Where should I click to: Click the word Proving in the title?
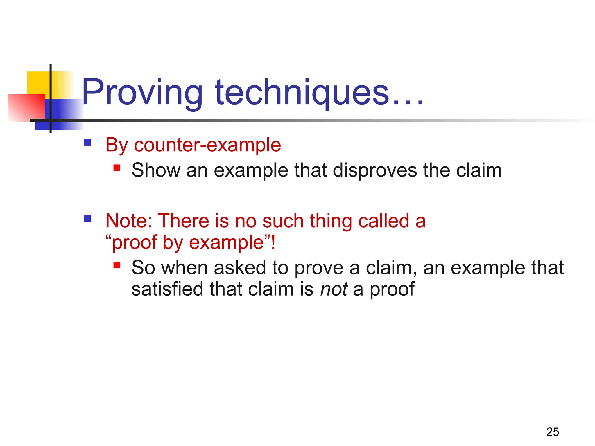tap(142, 93)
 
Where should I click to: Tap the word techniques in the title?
tap(302, 93)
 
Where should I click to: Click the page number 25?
tap(553, 432)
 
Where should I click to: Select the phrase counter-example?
tap(207, 145)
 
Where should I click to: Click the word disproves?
tap(375, 170)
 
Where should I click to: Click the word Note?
tap(128, 221)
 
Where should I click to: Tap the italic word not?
tap(334, 289)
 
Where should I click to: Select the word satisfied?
tap(167, 289)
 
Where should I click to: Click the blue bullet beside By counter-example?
tap(87, 142)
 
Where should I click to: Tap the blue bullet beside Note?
tap(87, 218)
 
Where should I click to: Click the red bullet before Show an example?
tap(117, 168)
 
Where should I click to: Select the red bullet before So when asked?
tap(117, 265)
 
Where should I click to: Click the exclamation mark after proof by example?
tap(273, 242)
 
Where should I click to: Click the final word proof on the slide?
tap(392, 289)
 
